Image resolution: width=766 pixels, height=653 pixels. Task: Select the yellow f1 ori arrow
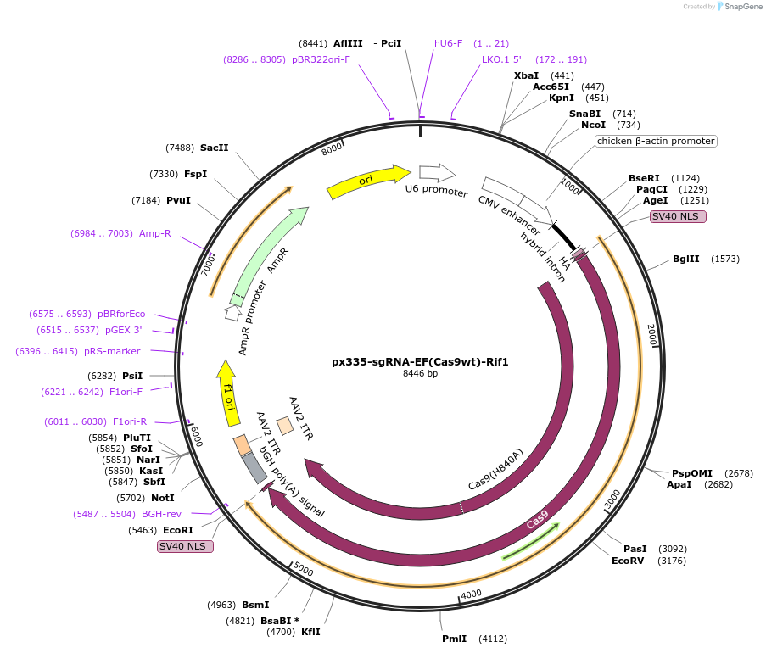227,393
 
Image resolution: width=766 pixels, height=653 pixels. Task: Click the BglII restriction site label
686,259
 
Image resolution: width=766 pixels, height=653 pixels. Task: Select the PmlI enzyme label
454,639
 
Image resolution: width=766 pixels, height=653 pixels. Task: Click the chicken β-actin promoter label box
656,141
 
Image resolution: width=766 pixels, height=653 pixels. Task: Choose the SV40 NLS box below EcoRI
186,546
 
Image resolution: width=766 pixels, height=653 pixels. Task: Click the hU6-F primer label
448,43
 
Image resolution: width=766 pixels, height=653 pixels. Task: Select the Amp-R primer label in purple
155,233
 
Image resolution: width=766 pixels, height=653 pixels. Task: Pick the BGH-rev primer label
161,514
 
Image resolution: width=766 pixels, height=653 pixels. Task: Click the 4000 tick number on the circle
471,594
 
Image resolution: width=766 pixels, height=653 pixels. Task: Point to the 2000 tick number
652,334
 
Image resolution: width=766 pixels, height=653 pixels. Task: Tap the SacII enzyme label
215,148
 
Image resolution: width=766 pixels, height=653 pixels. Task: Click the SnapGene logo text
742,7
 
